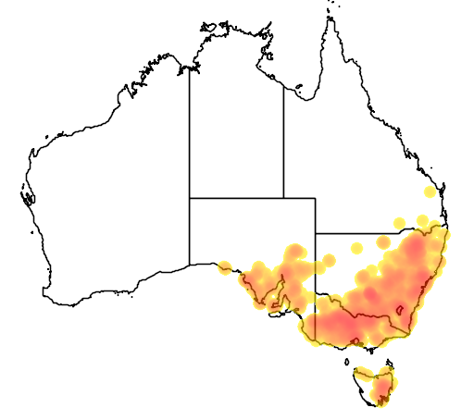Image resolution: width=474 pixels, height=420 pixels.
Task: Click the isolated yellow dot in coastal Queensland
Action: pyautogui.click(x=428, y=192)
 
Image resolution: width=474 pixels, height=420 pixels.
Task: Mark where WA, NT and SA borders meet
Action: pyautogui.click(x=190, y=197)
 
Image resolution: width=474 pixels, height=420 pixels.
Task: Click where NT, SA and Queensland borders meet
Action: pyautogui.click(x=283, y=197)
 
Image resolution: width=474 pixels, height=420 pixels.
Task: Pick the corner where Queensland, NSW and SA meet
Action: pyautogui.click(x=316, y=233)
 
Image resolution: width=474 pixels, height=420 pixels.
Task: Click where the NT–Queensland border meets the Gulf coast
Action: pyautogui.click(x=283, y=81)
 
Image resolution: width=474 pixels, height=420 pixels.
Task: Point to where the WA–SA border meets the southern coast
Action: pyautogui.click(x=190, y=264)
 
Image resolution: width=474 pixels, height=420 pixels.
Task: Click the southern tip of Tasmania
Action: pyautogui.click(x=379, y=406)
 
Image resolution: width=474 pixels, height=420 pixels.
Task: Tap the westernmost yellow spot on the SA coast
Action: pyautogui.click(x=224, y=268)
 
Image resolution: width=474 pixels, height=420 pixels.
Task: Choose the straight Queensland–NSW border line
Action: pyautogui.click(x=370, y=233)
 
